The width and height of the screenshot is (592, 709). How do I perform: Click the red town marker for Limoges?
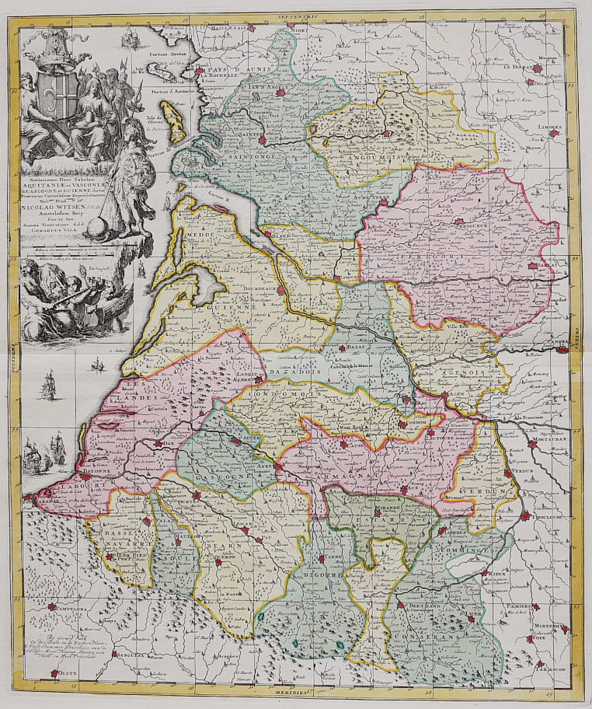554,134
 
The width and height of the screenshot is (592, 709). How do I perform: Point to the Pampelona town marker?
52,608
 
